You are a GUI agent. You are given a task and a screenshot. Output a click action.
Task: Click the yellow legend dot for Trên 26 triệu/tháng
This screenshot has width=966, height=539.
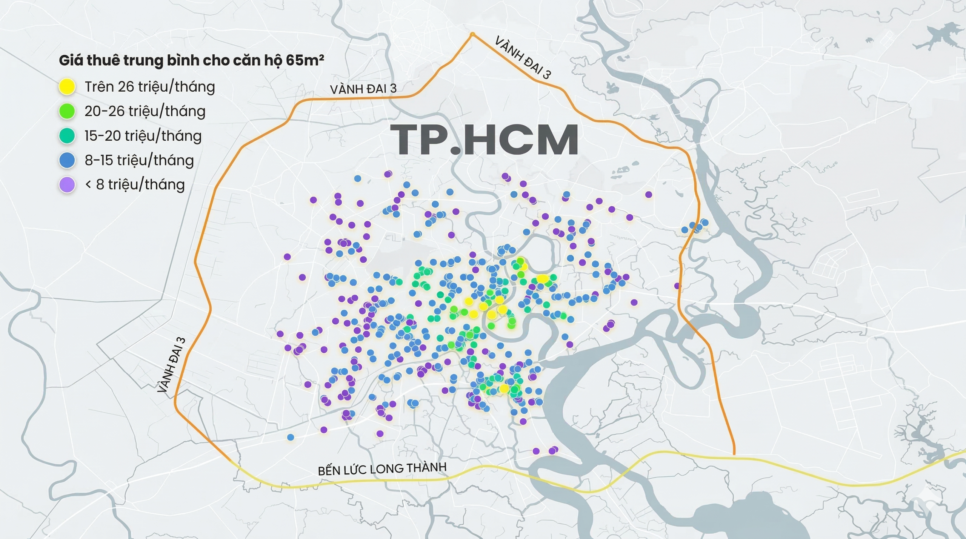tap(67, 87)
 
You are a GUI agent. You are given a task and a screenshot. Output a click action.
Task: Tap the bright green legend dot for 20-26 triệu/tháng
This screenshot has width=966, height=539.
tap(67, 111)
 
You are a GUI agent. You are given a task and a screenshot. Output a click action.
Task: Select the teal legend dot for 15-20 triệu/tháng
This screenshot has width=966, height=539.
tap(67, 136)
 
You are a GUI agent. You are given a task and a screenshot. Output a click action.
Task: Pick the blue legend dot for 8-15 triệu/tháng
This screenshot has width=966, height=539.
tap(67, 160)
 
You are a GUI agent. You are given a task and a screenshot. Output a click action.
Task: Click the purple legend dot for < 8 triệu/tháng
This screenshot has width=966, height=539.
tap(67, 185)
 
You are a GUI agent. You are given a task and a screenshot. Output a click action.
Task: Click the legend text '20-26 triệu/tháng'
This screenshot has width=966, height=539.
tap(145, 111)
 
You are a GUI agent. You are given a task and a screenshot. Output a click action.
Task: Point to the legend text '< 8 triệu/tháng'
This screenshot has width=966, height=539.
tap(135, 185)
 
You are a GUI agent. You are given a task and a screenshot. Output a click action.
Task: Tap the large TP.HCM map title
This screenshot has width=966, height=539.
tap(484, 140)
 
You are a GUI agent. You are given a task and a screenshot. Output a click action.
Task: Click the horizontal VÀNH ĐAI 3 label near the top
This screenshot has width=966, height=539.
tap(363, 89)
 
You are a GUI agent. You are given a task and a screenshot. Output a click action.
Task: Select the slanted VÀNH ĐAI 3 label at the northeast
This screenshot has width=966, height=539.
tap(523, 57)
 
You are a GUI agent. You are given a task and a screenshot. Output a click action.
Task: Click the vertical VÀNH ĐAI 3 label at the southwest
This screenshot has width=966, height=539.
tap(171, 365)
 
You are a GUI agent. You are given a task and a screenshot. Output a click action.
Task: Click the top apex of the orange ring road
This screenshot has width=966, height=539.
tap(472, 34)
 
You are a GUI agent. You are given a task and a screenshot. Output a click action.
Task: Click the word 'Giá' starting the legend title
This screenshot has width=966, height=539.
tap(71, 60)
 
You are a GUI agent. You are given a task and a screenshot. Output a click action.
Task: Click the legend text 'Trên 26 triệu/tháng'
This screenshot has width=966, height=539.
tap(150, 87)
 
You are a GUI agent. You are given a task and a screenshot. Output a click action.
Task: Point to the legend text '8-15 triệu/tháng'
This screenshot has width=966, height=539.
tap(139, 160)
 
